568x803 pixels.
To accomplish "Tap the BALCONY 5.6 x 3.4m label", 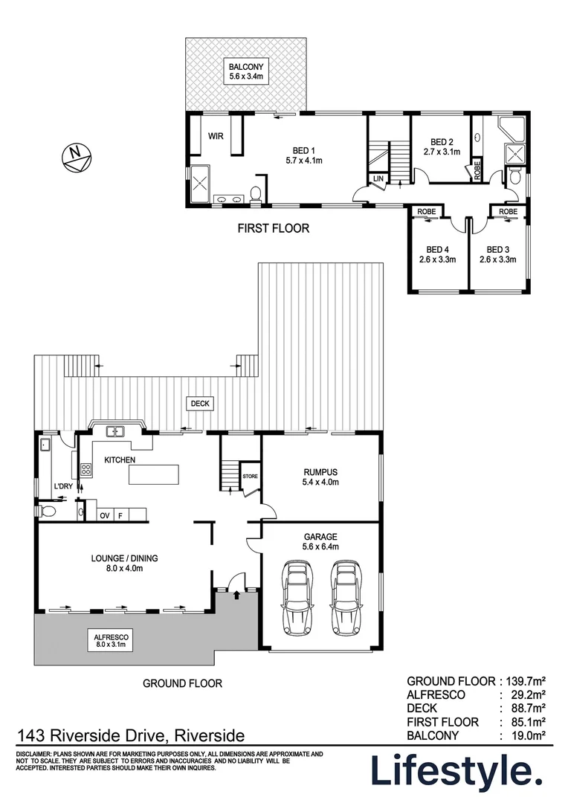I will [245, 71].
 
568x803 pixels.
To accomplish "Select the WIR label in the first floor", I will [216, 136].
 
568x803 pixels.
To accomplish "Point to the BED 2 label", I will [442, 146].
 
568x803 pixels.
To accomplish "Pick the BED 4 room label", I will [437, 254].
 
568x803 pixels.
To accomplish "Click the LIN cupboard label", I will [378, 178].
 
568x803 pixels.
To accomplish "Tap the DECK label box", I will [201, 404].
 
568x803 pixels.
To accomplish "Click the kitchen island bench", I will [155, 474].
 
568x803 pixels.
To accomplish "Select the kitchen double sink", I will [115, 430].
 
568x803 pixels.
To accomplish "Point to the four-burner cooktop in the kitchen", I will [85, 469].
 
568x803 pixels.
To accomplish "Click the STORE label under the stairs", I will [250, 477].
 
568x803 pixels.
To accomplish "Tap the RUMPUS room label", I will [321, 477].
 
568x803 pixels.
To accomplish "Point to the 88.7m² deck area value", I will [526, 708].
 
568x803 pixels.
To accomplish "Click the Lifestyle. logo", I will [456, 772].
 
